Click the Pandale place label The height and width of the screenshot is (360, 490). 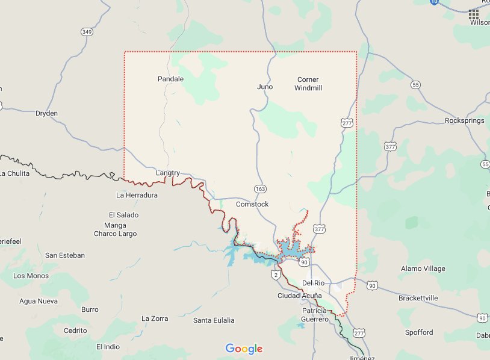coord(170,79)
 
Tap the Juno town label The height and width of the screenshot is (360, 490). coord(265,87)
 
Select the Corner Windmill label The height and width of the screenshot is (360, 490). coord(308,84)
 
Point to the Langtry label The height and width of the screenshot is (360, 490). coord(168,173)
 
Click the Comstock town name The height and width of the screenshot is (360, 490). coord(252,204)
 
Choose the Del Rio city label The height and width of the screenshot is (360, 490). coord(313,283)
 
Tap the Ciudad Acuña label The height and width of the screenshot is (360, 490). coord(299,296)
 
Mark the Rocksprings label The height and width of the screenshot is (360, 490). coord(464,120)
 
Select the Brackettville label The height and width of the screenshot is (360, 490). coord(427,298)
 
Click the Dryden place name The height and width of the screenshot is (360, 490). coord(46,113)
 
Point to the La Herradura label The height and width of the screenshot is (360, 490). coord(137,195)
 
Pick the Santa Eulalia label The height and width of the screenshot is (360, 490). coord(214,320)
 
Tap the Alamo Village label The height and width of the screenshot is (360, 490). coord(423,268)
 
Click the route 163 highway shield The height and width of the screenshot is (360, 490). coord(260,189)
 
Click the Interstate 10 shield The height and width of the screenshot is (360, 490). coord(435,2)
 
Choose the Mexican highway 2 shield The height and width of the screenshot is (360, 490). coord(275,275)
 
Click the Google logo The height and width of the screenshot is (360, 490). coord(244,349)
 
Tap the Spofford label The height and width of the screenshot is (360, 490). coord(418,332)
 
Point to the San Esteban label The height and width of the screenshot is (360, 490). coord(65,255)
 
